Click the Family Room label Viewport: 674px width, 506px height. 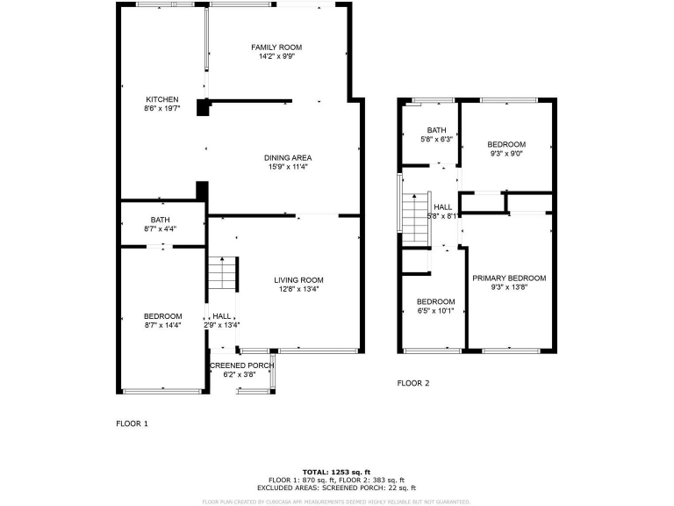[x=276, y=47]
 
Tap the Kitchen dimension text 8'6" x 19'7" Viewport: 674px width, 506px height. [x=162, y=109]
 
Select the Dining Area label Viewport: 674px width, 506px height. [x=288, y=157]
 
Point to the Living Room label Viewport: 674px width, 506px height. [x=299, y=279]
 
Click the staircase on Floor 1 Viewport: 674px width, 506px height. [x=223, y=274]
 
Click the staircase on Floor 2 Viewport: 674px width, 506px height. [x=412, y=213]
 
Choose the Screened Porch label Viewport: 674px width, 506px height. [x=241, y=365]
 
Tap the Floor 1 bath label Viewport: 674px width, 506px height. [x=160, y=220]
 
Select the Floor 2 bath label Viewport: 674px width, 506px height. [x=436, y=130]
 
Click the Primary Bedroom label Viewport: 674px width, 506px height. [x=509, y=278]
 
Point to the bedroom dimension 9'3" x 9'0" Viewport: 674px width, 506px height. [x=506, y=154]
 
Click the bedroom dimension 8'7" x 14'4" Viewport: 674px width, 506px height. [x=162, y=326]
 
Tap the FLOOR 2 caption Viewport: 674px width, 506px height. [x=413, y=383]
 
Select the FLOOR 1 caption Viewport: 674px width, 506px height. [x=133, y=423]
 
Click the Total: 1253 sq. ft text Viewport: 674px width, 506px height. [x=337, y=472]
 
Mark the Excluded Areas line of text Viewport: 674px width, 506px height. [x=337, y=488]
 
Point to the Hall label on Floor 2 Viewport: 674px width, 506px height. [x=442, y=206]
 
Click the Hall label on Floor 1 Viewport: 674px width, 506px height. [x=222, y=316]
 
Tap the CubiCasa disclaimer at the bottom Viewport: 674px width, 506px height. [x=337, y=501]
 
